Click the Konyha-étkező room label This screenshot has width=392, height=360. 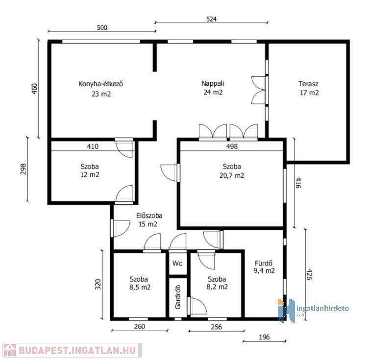[101, 84]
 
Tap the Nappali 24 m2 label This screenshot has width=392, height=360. [213, 88]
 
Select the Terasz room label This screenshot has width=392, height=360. [308, 84]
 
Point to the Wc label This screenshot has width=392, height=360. [177, 264]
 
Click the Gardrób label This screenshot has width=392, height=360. [178, 297]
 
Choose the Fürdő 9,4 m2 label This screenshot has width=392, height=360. [264, 267]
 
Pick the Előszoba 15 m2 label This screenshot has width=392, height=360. [149, 219]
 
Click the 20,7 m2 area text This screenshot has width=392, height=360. [232, 175]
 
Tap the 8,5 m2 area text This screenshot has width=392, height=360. [140, 288]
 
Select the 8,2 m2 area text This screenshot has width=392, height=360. [217, 287]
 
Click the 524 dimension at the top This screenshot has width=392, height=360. [211, 19]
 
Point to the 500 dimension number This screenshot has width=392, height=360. [102, 27]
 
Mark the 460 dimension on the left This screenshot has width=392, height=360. [34, 89]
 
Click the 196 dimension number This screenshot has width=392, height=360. [264, 337]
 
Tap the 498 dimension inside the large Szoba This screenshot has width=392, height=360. [232, 146]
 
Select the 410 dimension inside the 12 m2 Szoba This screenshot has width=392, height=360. [93, 146]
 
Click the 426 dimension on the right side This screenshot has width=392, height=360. [309, 274]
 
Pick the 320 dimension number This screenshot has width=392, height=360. [98, 284]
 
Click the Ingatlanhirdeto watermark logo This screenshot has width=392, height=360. [313, 310]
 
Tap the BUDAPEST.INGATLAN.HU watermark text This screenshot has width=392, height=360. [77, 350]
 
